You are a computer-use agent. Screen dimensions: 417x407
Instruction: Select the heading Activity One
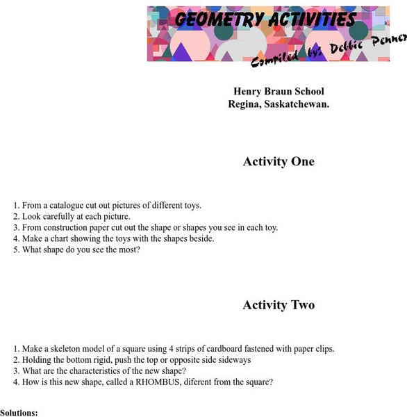tap(279, 162)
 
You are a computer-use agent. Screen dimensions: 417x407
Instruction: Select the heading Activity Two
tap(279, 305)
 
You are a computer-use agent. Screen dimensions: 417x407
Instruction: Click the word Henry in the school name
tap(247, 92)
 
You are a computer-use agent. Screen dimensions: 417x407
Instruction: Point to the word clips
tap(324, 348)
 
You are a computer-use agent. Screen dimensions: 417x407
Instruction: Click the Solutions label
tap(19, 413)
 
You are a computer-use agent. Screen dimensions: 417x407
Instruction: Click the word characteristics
tap(90, 370)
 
